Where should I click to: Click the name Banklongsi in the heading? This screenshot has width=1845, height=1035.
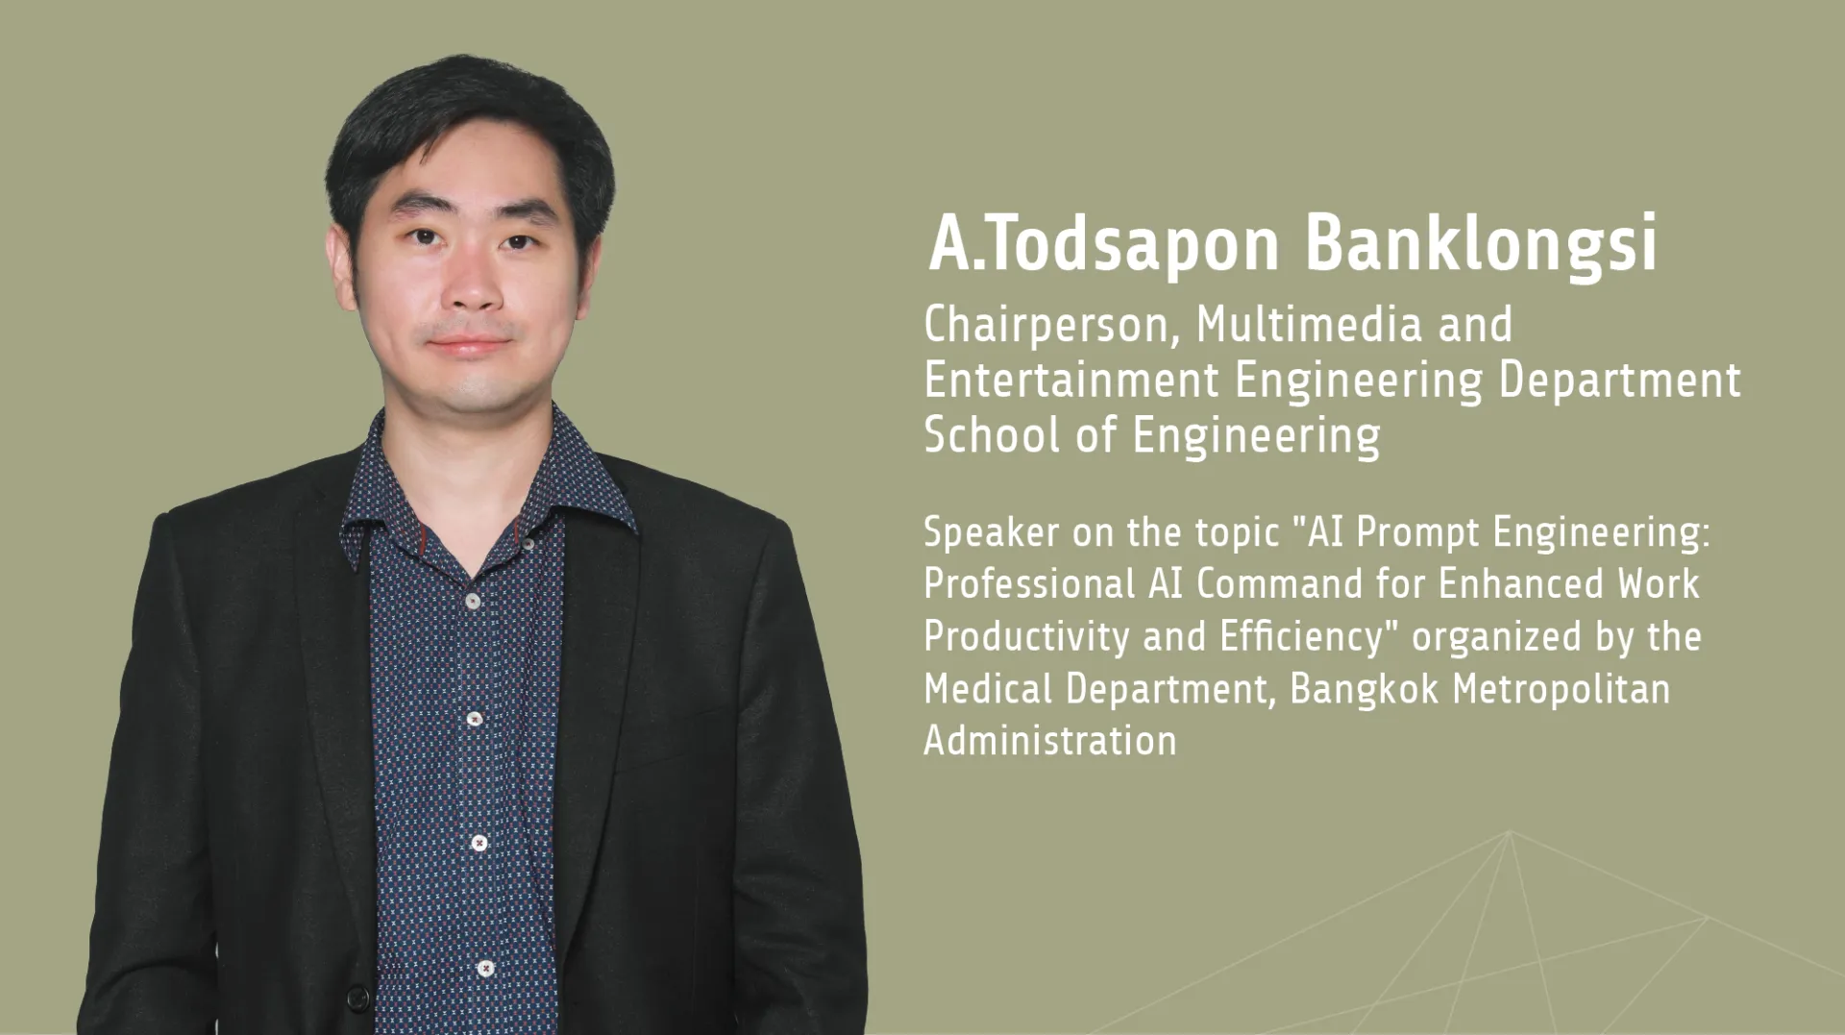[1481, 244]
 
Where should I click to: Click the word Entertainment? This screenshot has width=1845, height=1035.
[1071, 380]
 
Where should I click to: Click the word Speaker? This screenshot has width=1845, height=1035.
[991, 532]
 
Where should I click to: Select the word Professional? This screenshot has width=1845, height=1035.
[1029, 583]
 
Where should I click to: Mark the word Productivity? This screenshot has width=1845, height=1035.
[1026, 637]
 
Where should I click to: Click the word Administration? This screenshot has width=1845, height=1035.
[1050, 741]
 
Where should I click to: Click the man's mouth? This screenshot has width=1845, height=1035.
[470, 343]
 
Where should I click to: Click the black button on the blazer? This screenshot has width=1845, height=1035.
[357, 999]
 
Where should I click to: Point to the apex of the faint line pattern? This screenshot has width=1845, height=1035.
[1510, 831]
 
